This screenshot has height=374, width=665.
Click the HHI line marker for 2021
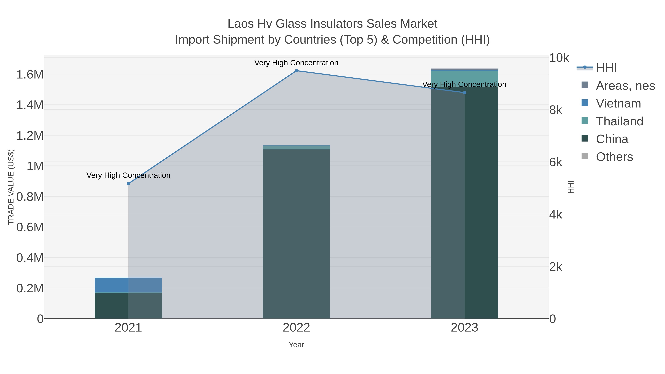pyautogui.click(x=128, y=184)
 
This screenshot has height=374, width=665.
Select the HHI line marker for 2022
pyautogui.click(x=296, y=71)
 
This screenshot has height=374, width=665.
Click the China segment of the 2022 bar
pyautogui.click(x=296, y=232)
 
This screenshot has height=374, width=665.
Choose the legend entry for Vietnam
pyautogui.click(x=618, y=103)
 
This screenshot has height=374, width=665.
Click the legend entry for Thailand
pyautogui.click(x=619, y=121)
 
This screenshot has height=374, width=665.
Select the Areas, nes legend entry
pyautogui.click(x=625, y=86)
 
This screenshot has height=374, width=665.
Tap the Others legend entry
pyautogui.click(x=614, y=157)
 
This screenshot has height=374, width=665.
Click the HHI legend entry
pyautogui.click(x=606, y=68)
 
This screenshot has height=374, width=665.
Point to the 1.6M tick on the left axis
pyautogui.click(x=30, y=75)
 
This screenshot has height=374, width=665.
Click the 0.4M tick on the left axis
pyautogui.click(x=30, y=258)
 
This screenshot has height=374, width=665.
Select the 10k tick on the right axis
pyautogui.click(x=559, y=58)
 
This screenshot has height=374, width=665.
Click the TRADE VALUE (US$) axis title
pyautogui.click(x=11, y=187)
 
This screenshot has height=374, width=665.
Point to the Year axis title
pyautogui.click(x=296, y=345)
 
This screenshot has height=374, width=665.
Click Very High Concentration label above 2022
pyautogui.click(x=296, y=63)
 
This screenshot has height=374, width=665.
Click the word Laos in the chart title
pyautogui.click(x=240, y=24)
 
